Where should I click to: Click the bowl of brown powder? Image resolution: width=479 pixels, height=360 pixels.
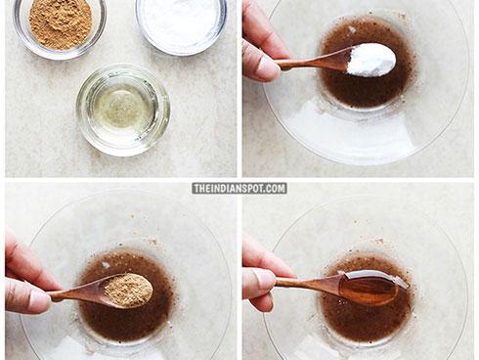click(60, 26)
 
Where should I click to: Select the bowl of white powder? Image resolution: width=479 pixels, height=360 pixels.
click(181, 22)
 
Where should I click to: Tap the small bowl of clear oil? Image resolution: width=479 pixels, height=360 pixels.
click(123, 110)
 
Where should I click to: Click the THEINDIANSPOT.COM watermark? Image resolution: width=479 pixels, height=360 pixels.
click(239, 189)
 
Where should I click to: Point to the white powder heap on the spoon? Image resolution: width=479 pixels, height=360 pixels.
click(371, 60)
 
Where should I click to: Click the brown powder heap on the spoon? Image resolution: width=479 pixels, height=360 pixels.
click(128, 290)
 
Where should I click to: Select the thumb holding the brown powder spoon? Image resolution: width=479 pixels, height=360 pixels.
click(27, 294)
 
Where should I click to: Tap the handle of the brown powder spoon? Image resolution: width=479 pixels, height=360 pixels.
click(78, 291)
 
